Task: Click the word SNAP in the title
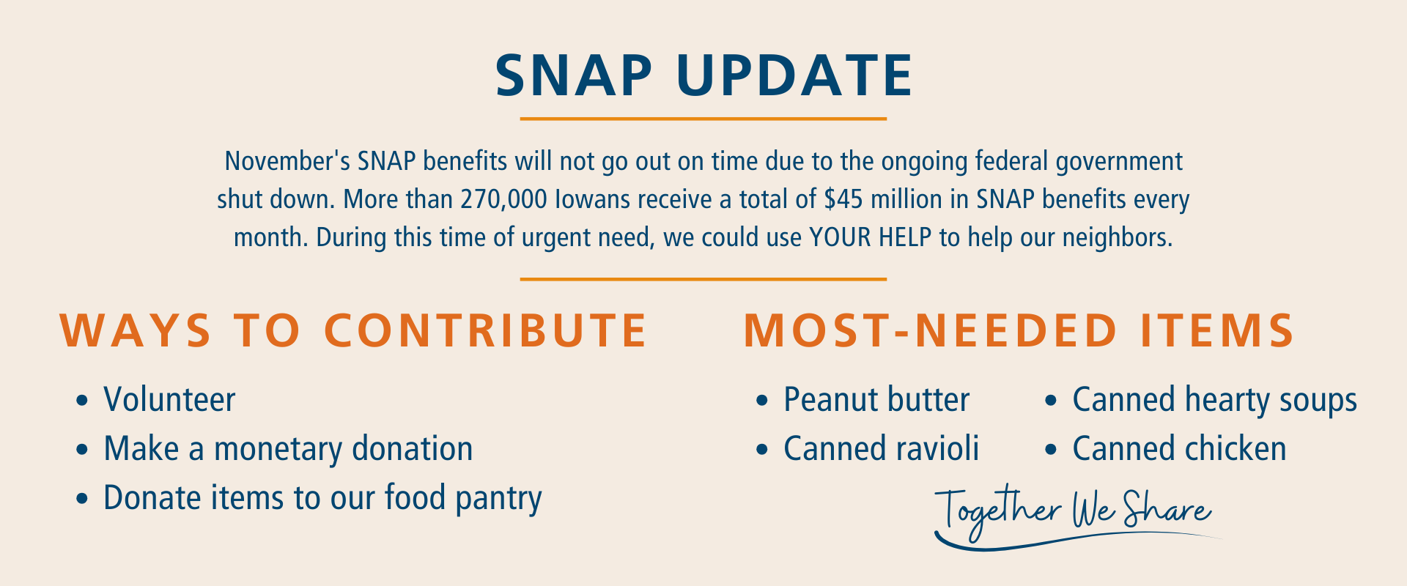574,75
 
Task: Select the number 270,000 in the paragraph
503,200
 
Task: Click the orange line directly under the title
703,119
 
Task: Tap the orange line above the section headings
703,279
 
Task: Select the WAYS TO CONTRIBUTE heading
353,330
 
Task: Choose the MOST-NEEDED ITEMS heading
1019,330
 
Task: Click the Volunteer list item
169,400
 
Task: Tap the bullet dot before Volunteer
82,401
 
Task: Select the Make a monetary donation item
288,449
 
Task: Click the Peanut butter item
876,400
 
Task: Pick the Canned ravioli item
882,449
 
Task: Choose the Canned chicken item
1179,449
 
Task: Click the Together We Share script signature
1074,513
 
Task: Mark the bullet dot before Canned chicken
1052,450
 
